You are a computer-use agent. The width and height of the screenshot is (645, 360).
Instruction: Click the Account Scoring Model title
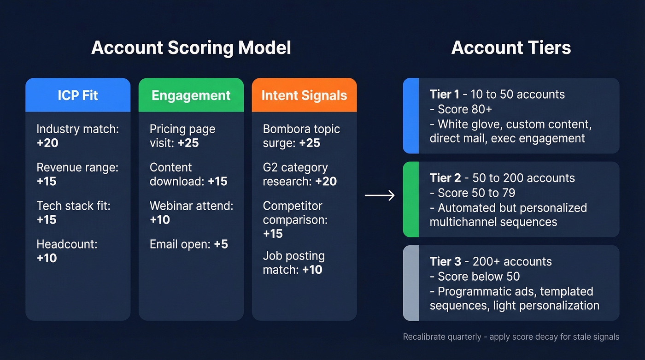pyautogui.click(x=191, y=48)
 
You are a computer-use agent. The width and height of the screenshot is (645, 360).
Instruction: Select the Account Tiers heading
pyautogui.click(x=511, y=48)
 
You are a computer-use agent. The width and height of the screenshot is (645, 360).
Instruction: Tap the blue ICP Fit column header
pyautogui.click(x=78, y=95)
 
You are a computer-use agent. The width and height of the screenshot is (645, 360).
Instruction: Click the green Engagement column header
pyautogui.click(x=191, y=95)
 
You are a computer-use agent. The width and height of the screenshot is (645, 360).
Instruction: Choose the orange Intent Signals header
pyautogui.click(x=304, y=95)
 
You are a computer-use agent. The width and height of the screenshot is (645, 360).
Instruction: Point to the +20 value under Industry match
pyautogui.click(x=47, y=143)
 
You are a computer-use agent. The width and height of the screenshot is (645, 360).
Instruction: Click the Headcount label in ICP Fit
pyautogui.click(x=67, y=244)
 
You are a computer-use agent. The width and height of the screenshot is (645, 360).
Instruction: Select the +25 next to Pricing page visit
pyautogui.click(x=188, y=143)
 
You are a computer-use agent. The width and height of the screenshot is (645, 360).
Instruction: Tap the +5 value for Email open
pyautogui.click(x=221, y=244)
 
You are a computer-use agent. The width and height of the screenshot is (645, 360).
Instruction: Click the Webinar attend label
pyautogui.click(x=191, y=206)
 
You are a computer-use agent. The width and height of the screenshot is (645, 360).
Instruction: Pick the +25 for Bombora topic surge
pyautogui.click(x=309, y=143)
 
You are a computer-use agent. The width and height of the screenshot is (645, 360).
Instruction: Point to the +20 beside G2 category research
pyautogui.click(x=326, y=181)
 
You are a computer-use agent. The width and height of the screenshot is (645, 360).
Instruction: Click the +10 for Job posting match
pyautogui.click(x=312, y=270)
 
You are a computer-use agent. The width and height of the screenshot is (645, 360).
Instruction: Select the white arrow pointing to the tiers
pyautogui.click(x=380, y=196)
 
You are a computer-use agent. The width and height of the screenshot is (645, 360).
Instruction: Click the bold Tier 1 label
pyautogui.click(x=444, y=94)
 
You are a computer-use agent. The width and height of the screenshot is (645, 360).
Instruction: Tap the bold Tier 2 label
pyautogui.click(x=444, y=178)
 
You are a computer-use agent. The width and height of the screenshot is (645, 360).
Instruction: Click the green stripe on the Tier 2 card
pyautogui.click(x=411, y=199)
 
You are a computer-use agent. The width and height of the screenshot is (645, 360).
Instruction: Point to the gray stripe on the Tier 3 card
pyautogui.click(x=411, y=283)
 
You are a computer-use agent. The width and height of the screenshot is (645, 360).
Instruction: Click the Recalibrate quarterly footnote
pyautogui.click(x=510, y=337)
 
